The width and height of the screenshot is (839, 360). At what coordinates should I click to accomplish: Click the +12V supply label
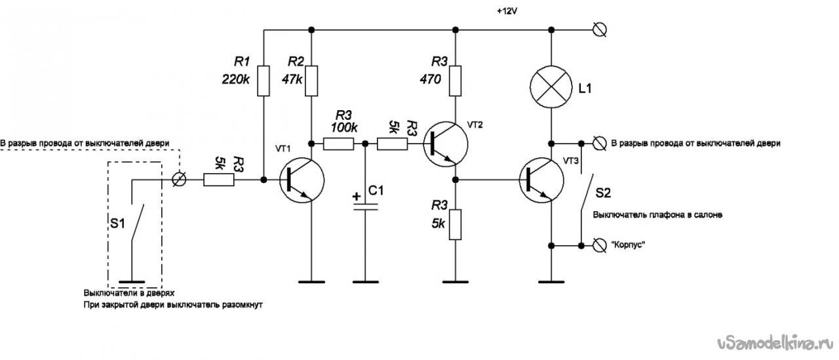(x=507, y=11)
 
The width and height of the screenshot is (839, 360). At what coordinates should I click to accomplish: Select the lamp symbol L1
(x=551, y=87)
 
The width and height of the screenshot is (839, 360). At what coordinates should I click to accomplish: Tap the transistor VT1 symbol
(x=302, y=180)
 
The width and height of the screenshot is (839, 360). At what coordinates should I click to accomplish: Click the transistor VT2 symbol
(x=446, y=144)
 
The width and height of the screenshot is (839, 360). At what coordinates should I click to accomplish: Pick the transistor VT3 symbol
(x=541, y=180)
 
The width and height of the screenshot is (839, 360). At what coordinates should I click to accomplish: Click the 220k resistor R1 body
(x=263, y=81)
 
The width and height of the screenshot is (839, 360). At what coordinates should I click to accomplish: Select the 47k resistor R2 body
(x=311, y=81)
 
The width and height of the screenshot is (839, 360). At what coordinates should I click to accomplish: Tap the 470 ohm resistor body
(x=455, y=81)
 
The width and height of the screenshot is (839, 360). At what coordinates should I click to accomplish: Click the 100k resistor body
(x=338, y=144)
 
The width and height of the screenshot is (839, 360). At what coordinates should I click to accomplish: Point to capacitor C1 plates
(x=366, y=207)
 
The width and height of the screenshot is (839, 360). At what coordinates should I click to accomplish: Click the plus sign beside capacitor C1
(x=357, y=196)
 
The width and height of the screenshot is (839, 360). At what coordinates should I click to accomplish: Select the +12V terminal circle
(x=599, y=30)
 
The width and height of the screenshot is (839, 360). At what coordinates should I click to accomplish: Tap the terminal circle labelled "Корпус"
(x=599, y=245)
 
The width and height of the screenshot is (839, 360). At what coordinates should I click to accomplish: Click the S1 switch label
(x=117, y=224)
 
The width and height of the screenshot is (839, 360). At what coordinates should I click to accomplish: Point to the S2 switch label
(x=603, y=193)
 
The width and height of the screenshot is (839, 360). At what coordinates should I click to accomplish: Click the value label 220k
(x=235, y=79)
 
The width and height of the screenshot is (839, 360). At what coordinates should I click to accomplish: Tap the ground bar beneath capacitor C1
(x=366, y=282)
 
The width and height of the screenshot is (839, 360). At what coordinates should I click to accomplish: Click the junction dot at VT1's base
(x=263, y=180)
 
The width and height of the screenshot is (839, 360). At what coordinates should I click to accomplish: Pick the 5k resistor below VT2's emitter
(x=455, y=225)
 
